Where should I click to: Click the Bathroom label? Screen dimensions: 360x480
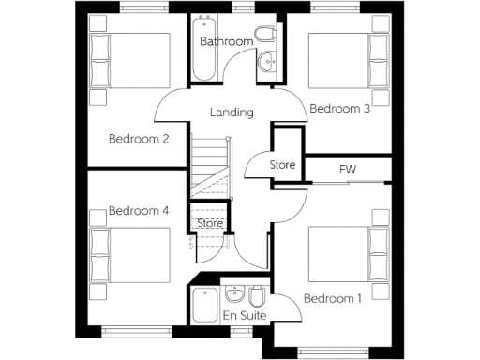226,42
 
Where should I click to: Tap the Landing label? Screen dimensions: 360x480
232,112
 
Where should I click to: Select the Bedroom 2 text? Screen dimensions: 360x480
138,140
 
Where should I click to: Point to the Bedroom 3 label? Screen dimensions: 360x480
339,109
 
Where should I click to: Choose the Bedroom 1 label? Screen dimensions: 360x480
333,299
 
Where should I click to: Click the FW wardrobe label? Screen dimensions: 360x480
348,170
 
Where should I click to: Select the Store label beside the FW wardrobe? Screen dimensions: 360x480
282,166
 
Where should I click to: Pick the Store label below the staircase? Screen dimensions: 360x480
210,223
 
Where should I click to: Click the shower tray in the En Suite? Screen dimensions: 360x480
204,304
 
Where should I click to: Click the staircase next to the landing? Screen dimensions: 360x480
210,164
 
